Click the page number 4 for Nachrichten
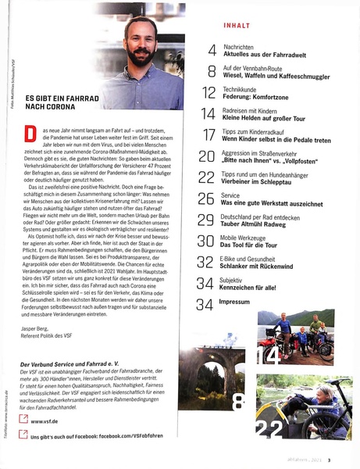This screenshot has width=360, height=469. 211,53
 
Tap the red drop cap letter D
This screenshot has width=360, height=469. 30,132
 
